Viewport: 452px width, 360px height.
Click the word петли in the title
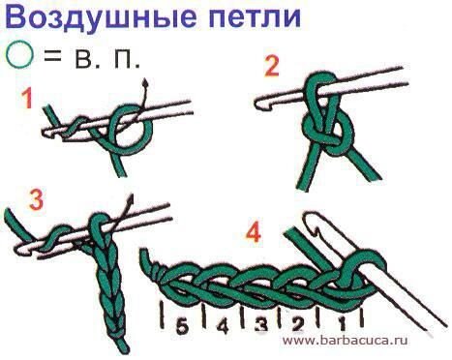(x=248, y=19)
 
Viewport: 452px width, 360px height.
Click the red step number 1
(x=29, y=100)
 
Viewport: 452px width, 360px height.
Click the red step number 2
(x=272, y=67)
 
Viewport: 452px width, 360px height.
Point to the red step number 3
(x=37, y=200)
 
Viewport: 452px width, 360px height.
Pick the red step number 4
(x=253, y=232)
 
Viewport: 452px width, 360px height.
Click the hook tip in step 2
(x=258, y=102)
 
